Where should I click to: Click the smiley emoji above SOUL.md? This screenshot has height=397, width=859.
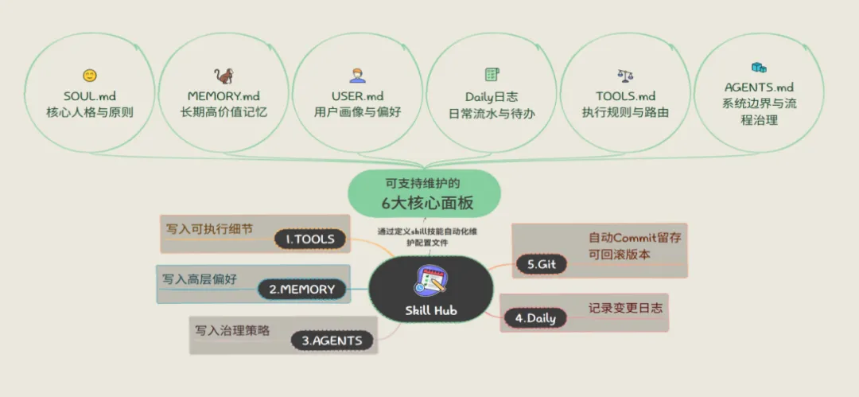pyautogui.click(x=90, y=76)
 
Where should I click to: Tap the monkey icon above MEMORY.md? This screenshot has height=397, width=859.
pyautogui.click(x=223, y=76)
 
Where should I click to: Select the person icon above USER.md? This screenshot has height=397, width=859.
pyautogui.click(x=357, y=76)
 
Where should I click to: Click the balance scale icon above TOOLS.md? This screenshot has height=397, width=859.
pyautogui.click(x=626, y=76)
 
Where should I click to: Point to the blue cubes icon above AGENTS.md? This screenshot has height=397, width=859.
pyautogui.click(x=758, y=68)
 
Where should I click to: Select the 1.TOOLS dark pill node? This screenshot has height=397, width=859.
pyautogui.click(x=310, y=239)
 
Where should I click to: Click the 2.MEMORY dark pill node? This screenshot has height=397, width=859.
pyautogui.click(x=302, y=290)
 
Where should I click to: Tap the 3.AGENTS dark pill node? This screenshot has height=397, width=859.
pyautogui.click(x=332, y=341)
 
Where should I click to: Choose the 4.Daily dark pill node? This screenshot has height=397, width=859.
pyautogui.click(x=534, y=318)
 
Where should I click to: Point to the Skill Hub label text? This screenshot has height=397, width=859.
pyautogui.click(x=430, y=310)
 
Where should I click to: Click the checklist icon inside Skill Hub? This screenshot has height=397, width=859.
pyautogui.click(x=430, y=281)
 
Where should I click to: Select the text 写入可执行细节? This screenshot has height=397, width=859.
pyautogui.click(x=209, y=228)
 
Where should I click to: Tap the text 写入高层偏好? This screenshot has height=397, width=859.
pyautogui.click(x=200, y=279)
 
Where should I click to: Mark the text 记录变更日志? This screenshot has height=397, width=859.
pyautogui.click(x=625, y=307)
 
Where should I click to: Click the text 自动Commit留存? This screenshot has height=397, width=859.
pyautogui.click(x=635, y=237)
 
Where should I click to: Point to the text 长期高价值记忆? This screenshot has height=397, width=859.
pyautogui.click(x=223, y=112)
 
